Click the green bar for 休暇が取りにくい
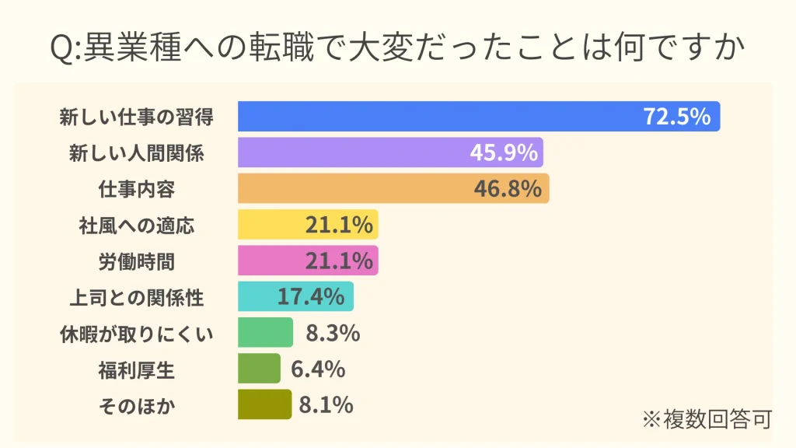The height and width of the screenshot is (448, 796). (266, 333)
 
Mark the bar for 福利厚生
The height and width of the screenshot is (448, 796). (259, 369)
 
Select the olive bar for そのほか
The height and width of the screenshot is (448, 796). (264, 404)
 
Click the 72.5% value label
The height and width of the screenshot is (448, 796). (677, 117)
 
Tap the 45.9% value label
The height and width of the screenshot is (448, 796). (504, 152)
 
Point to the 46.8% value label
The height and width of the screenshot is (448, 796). (508, 188)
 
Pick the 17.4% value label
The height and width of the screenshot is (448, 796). (311, 296)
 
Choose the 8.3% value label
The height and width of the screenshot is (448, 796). (333, 333)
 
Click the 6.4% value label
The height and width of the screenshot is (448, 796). (318, 369)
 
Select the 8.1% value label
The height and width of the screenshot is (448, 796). (326, 404)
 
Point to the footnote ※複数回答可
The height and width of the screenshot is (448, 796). (707, 419)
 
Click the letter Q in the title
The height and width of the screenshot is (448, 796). (61, 48)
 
